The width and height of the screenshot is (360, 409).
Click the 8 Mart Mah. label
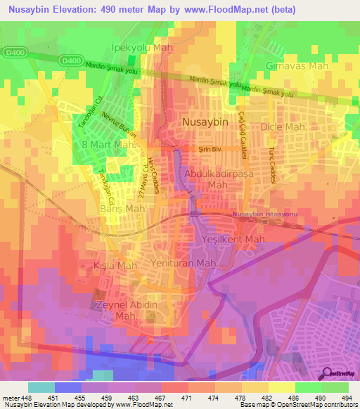[x=109, y=145]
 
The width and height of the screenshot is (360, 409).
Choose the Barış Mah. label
[x=127, y=209]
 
